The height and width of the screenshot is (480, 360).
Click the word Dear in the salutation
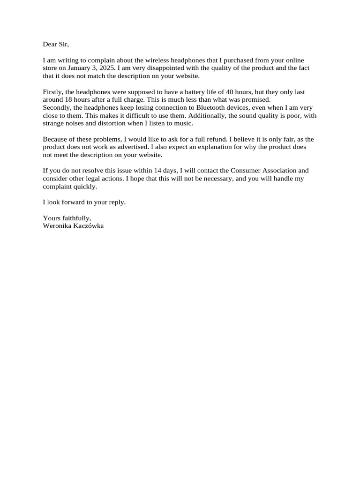pos(50,45)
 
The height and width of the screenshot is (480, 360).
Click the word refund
pos(218,139)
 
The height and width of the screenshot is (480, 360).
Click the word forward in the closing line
pos(71,202)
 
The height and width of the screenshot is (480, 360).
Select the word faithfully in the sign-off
pos(75,218)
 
